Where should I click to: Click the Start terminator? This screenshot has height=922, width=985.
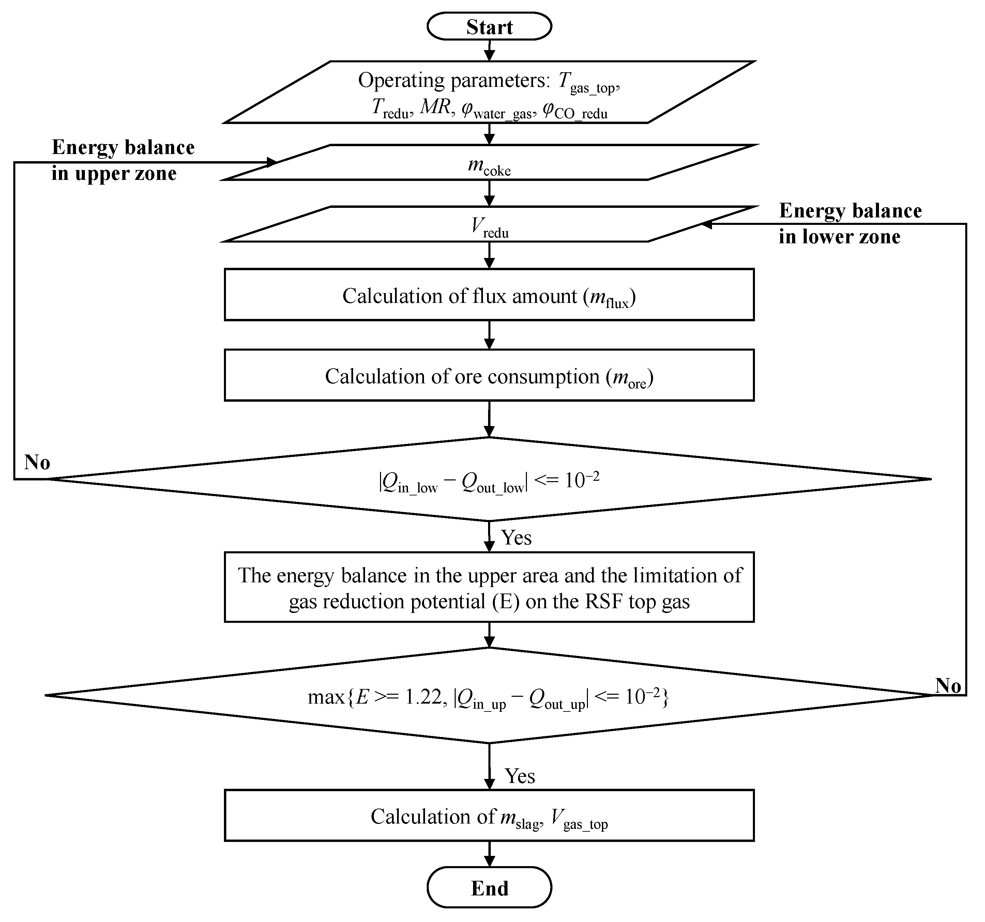[489, 26]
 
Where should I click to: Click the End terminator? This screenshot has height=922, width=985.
[489, 888]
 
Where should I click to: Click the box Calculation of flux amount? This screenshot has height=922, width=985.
[489, 296]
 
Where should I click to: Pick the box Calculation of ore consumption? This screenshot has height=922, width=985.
[489, 377]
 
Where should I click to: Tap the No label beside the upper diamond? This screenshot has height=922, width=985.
[37, 462]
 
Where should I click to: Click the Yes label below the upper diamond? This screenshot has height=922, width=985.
[516, 538]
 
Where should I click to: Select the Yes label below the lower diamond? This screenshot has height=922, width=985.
[519, 776]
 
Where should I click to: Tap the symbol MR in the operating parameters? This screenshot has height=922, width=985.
[435, 107]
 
